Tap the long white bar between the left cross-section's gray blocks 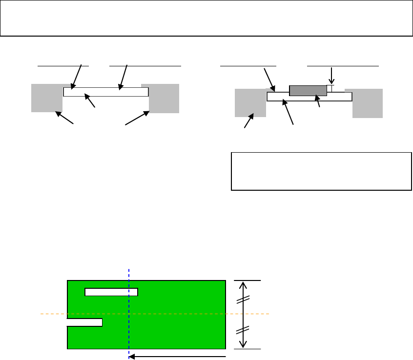click(x=106, y=92)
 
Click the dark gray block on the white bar click(x=308, y=90)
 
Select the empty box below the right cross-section click(x=321, y=171)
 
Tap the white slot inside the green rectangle click(x=111, y=292)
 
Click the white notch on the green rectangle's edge click(x=84, y=322)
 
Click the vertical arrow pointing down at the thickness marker click(x=331, y=76)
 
